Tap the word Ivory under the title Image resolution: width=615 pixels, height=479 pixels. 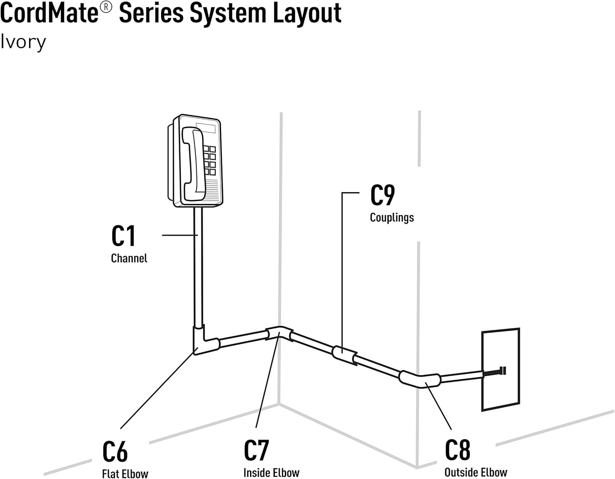pos(23,43)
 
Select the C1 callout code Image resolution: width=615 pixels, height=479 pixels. pos(123,236)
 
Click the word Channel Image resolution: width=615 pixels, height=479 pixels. pos(129,258)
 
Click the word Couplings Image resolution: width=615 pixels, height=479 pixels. pos(392,218)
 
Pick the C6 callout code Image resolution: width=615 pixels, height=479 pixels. pos(115,451)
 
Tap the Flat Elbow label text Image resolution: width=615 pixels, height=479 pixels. pos(125,474)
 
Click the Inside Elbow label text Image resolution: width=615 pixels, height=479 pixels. pos(271,472)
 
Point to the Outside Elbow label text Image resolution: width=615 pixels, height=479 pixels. pos(476,472)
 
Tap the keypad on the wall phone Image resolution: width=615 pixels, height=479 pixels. pos(210,160)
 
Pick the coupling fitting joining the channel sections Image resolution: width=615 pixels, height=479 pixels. pos(344,355)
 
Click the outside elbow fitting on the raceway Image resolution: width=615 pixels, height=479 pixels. pos(420,379)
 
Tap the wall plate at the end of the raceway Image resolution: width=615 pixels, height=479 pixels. pos(501,369)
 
